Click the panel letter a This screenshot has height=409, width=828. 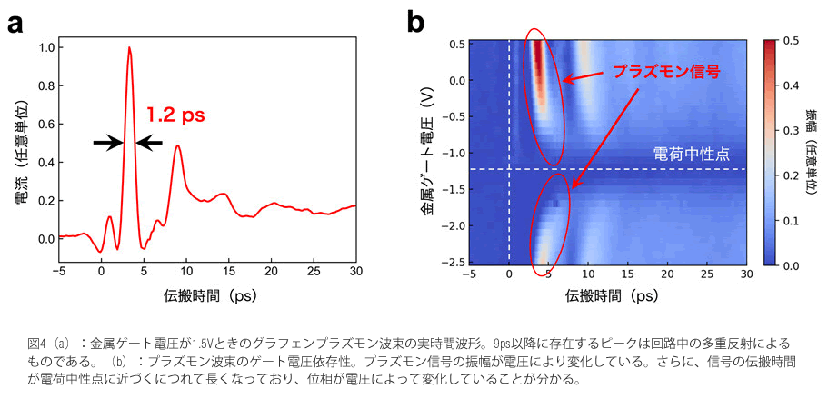15,23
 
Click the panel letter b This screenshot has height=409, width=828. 416,23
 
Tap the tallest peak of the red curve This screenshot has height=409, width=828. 129,49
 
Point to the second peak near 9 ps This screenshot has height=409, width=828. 177,146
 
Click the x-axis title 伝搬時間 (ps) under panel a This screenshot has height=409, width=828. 208,296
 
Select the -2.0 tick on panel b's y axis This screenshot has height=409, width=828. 451,225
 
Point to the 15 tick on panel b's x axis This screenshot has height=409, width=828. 627,273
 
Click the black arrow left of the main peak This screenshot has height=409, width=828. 107,142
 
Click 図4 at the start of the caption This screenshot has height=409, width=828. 36,344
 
